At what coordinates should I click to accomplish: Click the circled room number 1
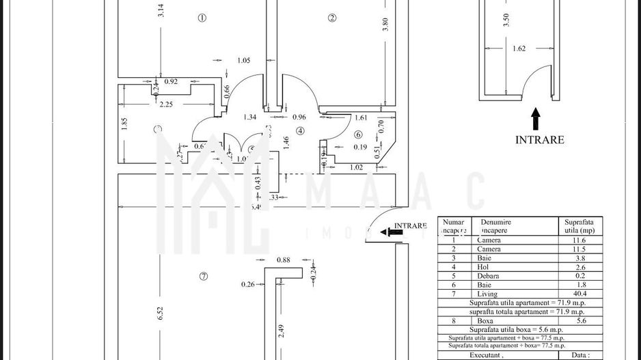(x=202, y=18)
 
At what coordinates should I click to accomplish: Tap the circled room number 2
(x=331, y=18)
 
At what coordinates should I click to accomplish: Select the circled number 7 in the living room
(x=203, y=276)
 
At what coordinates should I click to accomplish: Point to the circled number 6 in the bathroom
(x=357, y=135)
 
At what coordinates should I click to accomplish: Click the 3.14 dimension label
(x=161, y=12)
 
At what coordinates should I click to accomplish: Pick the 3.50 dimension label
(x=506, y=20)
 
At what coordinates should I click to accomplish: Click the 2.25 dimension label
(x=165, y=105)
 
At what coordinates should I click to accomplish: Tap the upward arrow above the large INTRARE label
(x=535, y=117)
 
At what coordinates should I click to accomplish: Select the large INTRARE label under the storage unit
(x=539, y=139)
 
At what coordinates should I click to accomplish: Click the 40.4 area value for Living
(x=578, y=294)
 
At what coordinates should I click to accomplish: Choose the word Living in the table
(x=489, y=294)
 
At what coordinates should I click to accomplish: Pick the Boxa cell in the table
(x=485, y=320)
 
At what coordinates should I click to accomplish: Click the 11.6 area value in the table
(x=578, y=240)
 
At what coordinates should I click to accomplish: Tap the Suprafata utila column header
(x=579, y=227)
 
